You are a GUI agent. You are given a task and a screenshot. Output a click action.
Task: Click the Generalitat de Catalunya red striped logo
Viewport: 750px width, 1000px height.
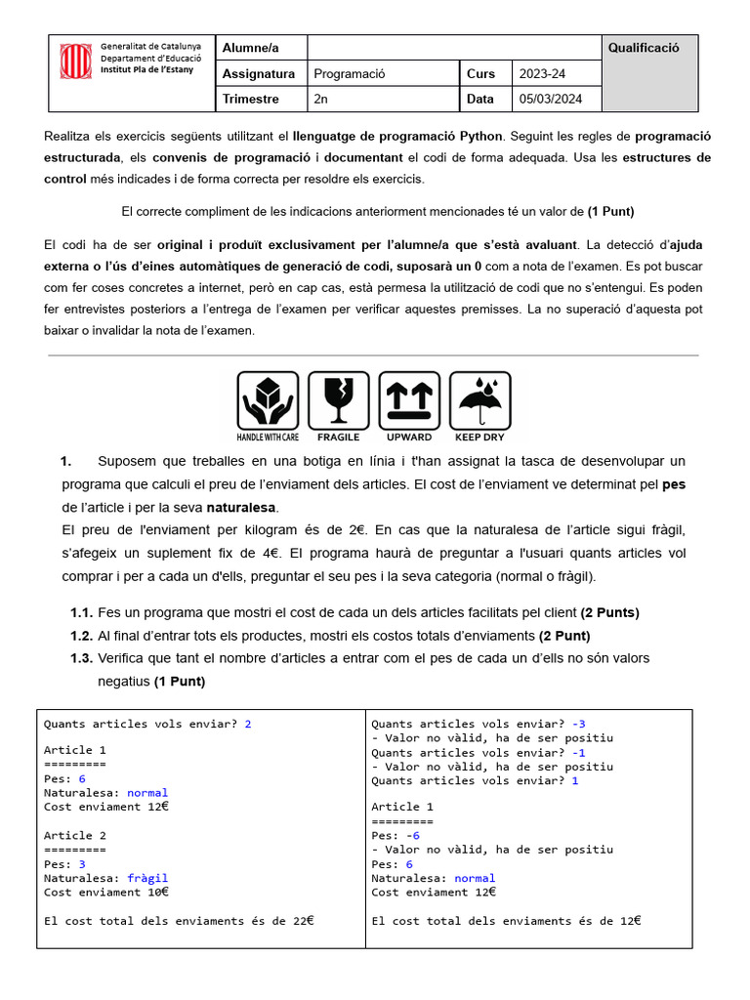[75, 61]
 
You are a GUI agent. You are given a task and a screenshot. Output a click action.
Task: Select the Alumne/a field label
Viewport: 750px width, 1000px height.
[250, 48]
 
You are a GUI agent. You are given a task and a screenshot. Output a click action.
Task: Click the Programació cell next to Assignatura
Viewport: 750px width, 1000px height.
[350, 73]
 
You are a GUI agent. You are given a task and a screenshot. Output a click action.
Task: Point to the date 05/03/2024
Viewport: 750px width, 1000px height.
[550, 99]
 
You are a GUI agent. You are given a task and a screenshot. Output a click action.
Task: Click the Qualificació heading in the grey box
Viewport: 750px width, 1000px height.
[644, 48]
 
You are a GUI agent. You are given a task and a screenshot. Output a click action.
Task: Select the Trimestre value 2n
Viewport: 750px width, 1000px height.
[321, 99]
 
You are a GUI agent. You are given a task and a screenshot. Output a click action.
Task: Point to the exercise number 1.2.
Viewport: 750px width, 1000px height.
[81, 636]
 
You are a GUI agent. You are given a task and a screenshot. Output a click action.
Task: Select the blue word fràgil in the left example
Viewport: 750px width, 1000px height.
[147, 878]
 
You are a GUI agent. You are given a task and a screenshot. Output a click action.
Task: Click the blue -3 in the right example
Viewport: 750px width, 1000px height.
[579, 724]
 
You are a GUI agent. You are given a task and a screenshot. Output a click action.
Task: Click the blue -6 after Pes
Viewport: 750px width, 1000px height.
[412, 835]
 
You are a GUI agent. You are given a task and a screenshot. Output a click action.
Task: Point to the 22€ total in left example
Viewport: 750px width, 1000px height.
[304, 920]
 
